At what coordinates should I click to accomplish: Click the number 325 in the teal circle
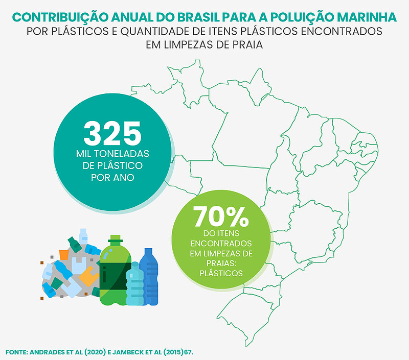[x=112, y=133]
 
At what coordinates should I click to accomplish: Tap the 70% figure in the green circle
[x=221, y=217]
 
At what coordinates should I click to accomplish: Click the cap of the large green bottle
[x=115, y=238]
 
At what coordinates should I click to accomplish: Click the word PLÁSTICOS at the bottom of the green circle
[x=221, y=274]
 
